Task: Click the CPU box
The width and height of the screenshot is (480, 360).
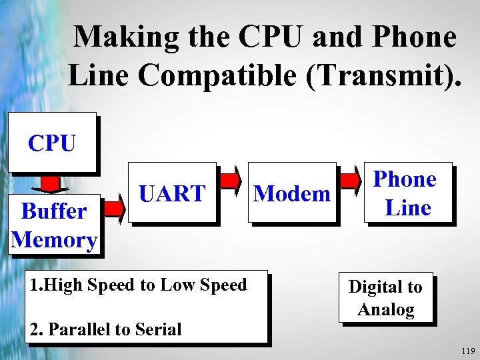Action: [52, 142]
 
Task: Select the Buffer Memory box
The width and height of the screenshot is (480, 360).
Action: [54, 225]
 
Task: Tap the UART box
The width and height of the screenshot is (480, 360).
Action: [172, 193]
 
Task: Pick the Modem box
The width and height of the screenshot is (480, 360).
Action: [292, 193]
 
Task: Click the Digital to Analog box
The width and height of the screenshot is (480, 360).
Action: [386, 298]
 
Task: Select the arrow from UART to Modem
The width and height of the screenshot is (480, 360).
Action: [231, 180]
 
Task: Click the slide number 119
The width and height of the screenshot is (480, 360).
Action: [467, 351]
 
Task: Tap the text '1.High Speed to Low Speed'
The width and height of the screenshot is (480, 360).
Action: [139, 285]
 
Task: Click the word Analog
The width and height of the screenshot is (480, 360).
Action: [386, 309]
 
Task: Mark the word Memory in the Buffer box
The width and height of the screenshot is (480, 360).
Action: [54, 239]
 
